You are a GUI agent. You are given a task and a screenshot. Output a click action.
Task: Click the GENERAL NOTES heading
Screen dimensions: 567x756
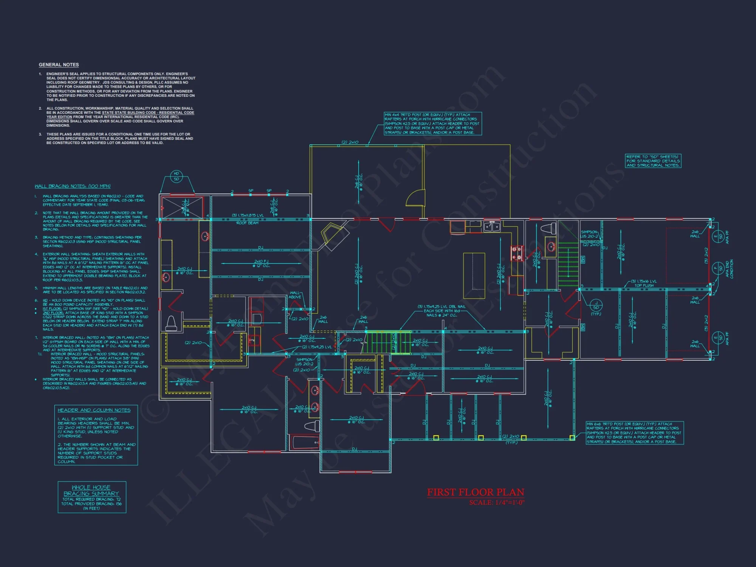[59, 65]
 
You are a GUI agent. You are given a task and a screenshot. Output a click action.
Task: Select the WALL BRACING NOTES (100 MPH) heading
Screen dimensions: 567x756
[73, 186]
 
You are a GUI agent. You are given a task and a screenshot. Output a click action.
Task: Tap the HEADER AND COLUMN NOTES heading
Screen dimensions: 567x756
[94, 410]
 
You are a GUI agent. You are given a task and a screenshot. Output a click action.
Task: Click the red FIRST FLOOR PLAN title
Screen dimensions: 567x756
[476, 492]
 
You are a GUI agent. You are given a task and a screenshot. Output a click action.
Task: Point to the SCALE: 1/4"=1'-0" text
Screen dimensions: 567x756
[497, 503]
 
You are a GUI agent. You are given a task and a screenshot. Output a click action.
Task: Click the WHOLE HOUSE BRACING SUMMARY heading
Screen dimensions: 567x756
[91, 491]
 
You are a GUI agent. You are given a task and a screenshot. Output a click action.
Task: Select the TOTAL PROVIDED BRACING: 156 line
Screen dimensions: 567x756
[91, 504]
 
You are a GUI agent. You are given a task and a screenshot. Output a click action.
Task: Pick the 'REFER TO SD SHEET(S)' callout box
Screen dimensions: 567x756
[653, 161]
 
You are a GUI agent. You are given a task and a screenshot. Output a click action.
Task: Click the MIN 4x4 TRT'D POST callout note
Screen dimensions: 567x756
[432, 124]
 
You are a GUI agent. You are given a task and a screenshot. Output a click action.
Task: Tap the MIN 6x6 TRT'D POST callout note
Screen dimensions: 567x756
[634, 433]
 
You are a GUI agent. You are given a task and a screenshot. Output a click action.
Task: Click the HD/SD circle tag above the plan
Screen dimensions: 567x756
[177, 176]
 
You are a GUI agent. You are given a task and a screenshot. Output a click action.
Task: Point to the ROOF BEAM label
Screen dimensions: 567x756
[247, 223]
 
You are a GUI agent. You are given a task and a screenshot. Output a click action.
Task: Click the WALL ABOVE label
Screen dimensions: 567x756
[295, 295]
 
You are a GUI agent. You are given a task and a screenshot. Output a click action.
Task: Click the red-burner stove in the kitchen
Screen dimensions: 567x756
[516, 254]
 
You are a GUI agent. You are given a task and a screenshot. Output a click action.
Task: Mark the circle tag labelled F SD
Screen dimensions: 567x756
[717, 269]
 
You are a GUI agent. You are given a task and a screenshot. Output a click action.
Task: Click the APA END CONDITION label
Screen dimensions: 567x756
[729, 269]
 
